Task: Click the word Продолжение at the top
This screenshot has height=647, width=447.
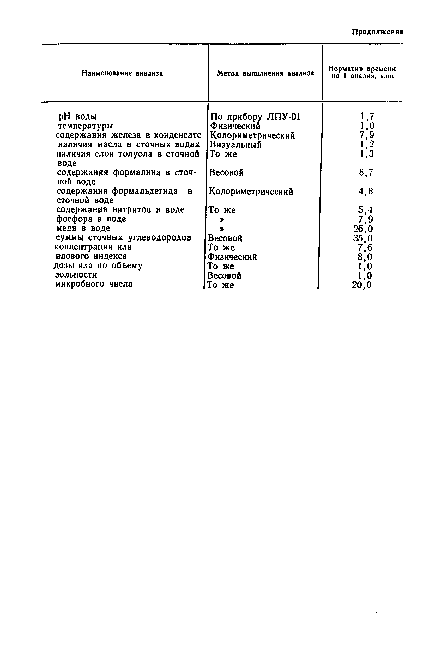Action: pyautogui.click(x=377, y=32)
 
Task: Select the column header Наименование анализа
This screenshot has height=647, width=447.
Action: pyautogui.click(x=122, y=73)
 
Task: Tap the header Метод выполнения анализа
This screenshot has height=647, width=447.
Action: pyautogui.click(x=265, y=73)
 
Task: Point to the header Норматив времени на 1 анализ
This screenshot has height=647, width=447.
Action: pyautogui.click(x=362, y=72)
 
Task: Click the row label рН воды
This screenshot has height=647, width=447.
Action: pyautogui.click(x=77, y=116)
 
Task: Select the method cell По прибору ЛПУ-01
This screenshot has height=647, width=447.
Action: pyautogui.click(x=255, y=116)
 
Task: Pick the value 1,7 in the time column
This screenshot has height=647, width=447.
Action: pyautogui.click(x=367, y=116)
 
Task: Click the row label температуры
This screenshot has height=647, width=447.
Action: pyautogui.click(x=86, y=126)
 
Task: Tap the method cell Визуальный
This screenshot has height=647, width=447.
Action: pyautogui.click(x=235, y=145)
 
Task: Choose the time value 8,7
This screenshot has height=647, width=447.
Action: pyautogui.click(x=366, y=172)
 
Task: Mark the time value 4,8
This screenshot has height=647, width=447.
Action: pyautogui.click(x=366, y=192)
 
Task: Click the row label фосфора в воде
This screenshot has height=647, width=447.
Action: pyautogui.click(x=91, y=219)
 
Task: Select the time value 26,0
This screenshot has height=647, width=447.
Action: pyautogui.click(x=363, y=229)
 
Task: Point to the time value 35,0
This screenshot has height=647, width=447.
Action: pyautogui.click(x=363, y=238)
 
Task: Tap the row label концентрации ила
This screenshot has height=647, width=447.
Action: pyautogui.click(x=93, y=247)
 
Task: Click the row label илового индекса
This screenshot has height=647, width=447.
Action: pyautogui.click(x=91, y=256)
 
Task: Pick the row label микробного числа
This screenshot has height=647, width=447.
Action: pyautogui.click(x=94, y=284)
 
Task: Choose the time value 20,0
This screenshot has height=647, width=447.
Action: pyautogui.click(x=362, y=285)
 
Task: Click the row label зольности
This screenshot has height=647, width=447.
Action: pyautogui.click(x=76, y=275)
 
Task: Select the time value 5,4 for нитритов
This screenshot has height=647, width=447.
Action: pyautogui.click(x=365, y=210)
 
